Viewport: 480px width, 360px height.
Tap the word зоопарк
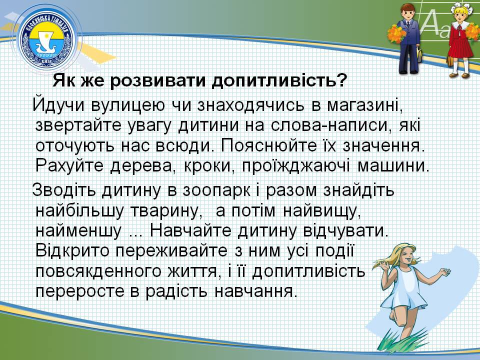click(216, 190)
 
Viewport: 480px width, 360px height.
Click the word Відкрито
click(72, 250)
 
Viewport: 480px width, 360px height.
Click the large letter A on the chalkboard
click(431, 23)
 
